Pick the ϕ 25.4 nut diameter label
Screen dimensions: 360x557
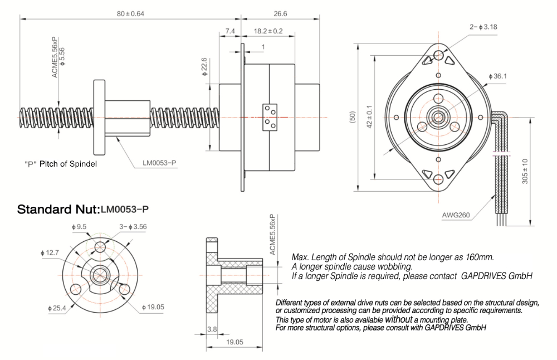point(58,308)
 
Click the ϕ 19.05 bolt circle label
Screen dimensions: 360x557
point(155,307)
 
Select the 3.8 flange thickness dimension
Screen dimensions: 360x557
point(212,329)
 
